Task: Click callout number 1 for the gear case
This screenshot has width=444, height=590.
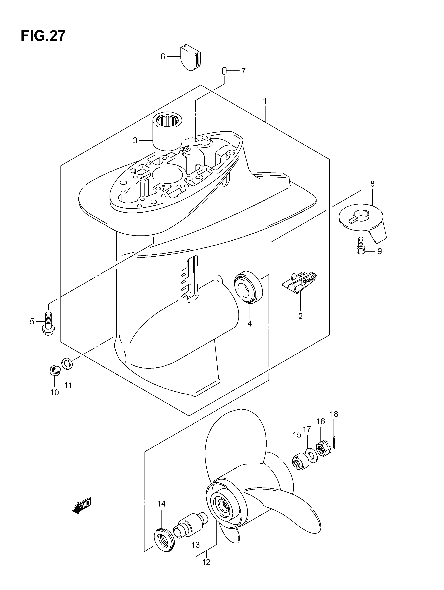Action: [x=265, y=101]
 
